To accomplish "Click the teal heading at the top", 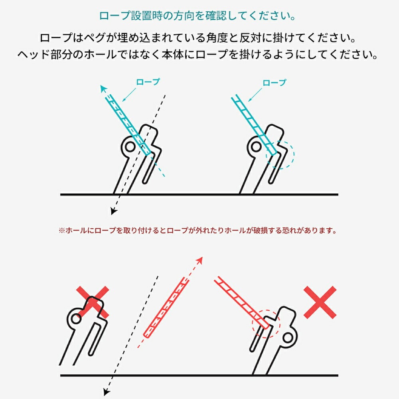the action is (198, 16).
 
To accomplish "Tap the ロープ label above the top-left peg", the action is (148, 82).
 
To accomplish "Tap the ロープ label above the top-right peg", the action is (274, 83).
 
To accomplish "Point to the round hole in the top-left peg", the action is (130, 147).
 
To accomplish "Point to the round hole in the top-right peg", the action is (256, 147).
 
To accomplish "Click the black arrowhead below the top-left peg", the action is (114, 211).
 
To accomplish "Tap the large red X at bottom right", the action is (320, 302).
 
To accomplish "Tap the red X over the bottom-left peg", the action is (93, 302).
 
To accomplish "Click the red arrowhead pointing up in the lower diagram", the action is (200, 261).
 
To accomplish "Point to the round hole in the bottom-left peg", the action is (76, 318).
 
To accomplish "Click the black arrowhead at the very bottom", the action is (107, 392).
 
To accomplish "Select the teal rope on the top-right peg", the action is (254, 124).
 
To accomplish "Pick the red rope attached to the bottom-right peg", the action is (241, 303).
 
